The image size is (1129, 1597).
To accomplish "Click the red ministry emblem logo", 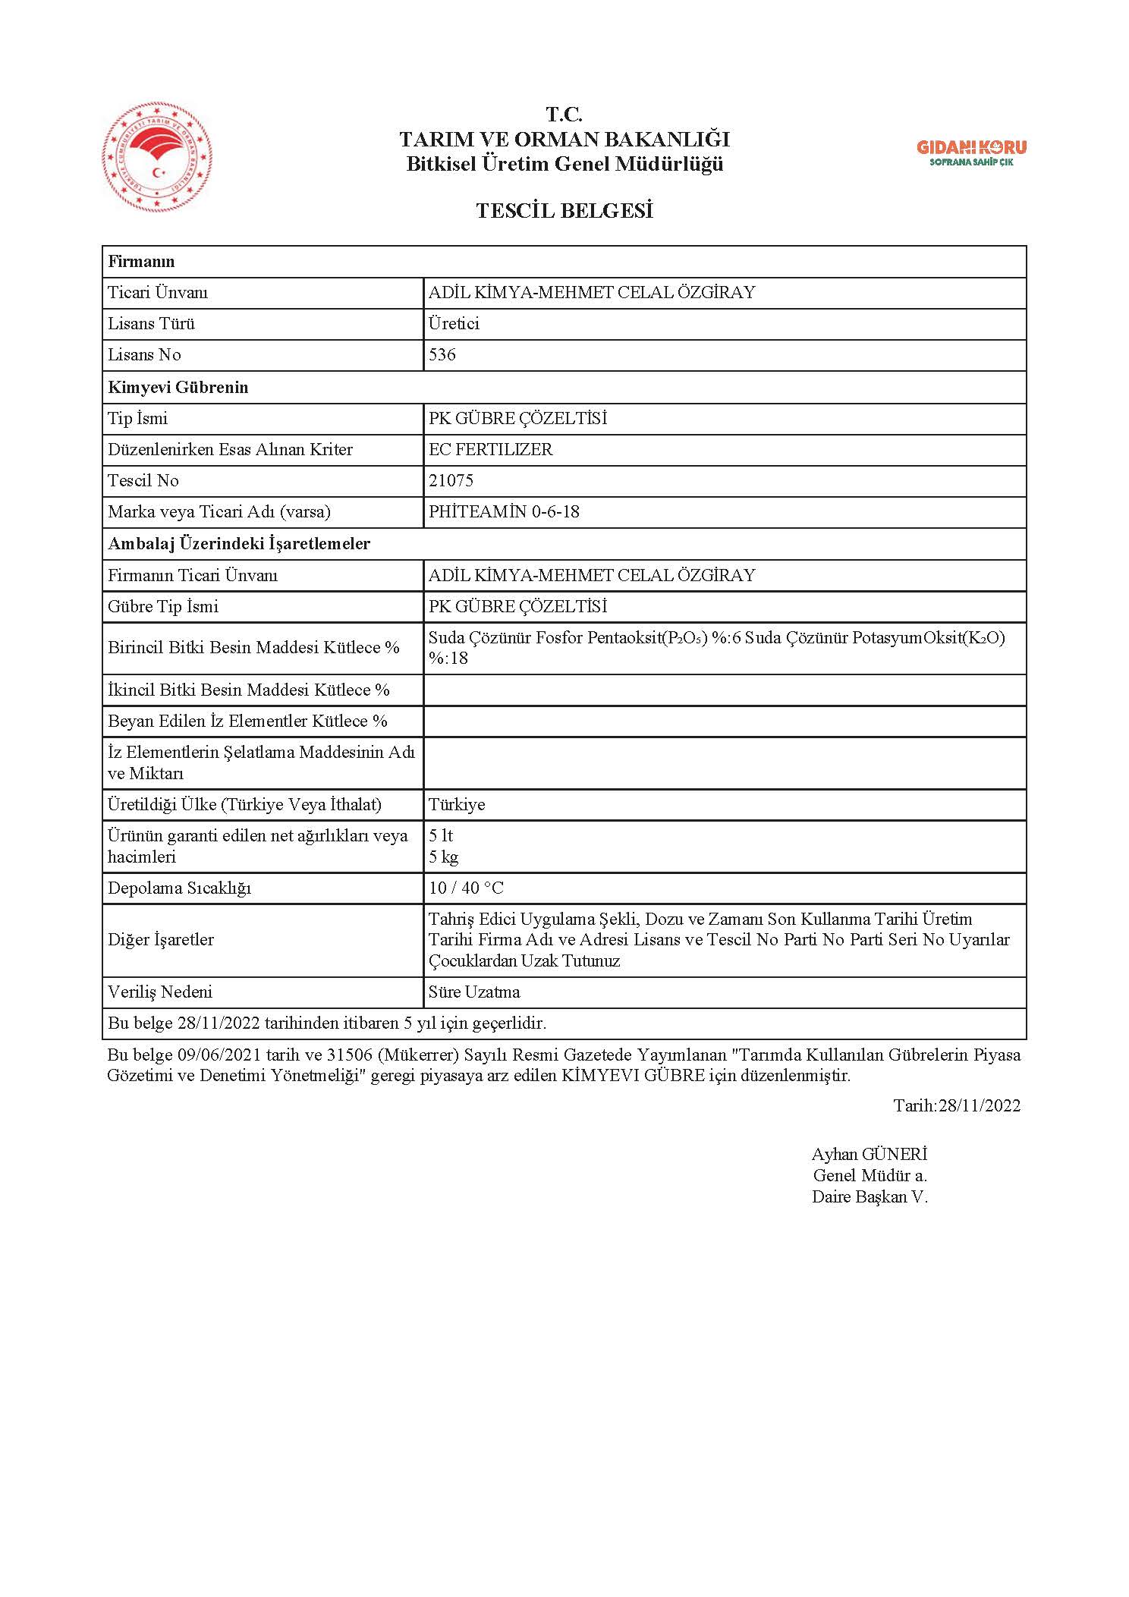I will click(157, 158).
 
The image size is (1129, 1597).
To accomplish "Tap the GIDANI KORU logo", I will click(971, 152).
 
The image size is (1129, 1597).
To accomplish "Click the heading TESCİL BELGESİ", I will click(564, 211).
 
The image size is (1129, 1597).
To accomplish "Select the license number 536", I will click(442, 355).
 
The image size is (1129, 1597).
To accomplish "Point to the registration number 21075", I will click(451, 480).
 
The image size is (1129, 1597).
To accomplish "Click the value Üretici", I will click(454, 324).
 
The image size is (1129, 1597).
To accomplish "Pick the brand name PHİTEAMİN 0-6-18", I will click(504, 512).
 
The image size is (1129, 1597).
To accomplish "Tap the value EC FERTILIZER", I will click(490, 449).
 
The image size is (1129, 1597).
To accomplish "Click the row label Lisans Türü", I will click(152, 324).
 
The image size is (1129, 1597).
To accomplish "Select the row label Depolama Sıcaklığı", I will click(179, 888).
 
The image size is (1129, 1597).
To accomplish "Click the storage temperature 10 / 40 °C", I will click(466, 888).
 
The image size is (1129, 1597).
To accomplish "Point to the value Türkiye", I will click(457, 804).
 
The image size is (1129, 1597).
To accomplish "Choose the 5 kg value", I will click(444, 857).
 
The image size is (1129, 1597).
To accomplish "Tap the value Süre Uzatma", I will click(474, 992).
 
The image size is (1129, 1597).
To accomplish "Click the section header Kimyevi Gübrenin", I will click(178, 387).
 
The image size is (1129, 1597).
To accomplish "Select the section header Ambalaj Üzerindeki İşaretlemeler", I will click(239, 543).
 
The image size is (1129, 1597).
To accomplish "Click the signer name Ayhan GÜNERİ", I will click(870, 1154).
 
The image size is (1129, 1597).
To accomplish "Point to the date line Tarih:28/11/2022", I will click(957, 1105).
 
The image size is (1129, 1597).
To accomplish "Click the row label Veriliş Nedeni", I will click(160, 992).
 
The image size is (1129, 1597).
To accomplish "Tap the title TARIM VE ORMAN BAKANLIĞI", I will click(564, 140).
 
